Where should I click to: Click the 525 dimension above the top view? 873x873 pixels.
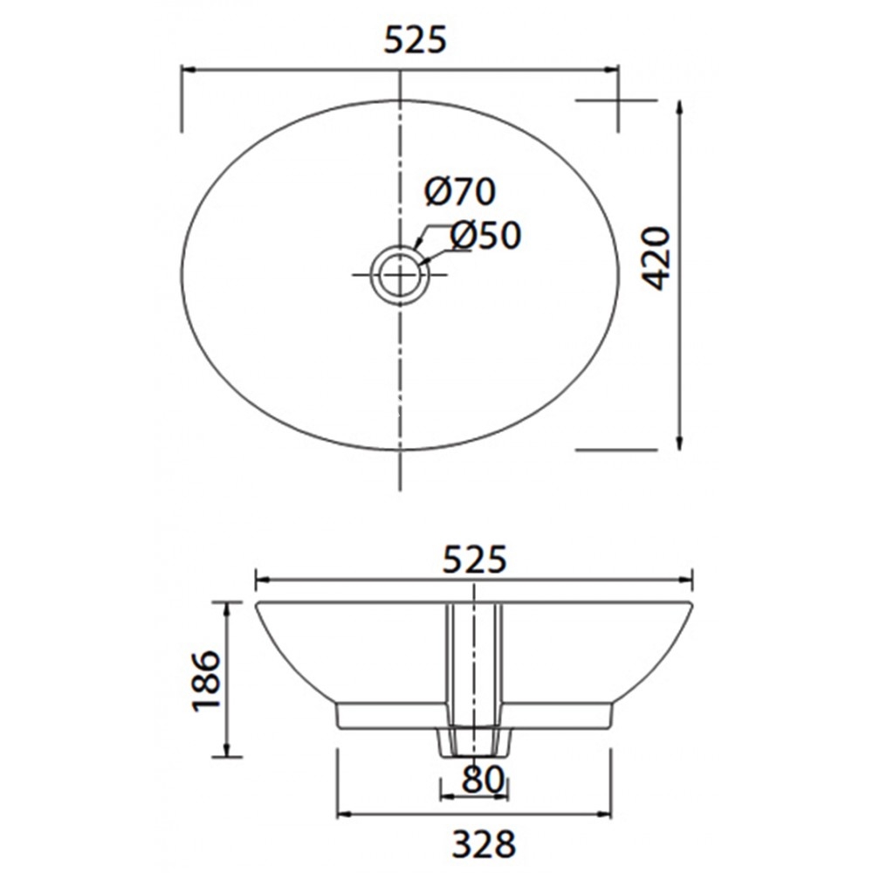point(415,40)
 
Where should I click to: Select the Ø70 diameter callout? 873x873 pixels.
point(460,191)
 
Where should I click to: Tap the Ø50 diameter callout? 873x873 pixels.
point(485,235)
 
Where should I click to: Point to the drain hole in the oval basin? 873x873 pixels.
point(400,274)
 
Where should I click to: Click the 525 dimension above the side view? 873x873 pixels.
point(474,560)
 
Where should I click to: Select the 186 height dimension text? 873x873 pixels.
point(206,680)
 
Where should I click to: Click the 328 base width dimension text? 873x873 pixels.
point(484,844)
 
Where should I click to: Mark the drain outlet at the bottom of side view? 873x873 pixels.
point(472,743)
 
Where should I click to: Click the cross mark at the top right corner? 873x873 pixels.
point(618,100)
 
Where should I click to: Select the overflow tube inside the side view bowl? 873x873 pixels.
point(474,663)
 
